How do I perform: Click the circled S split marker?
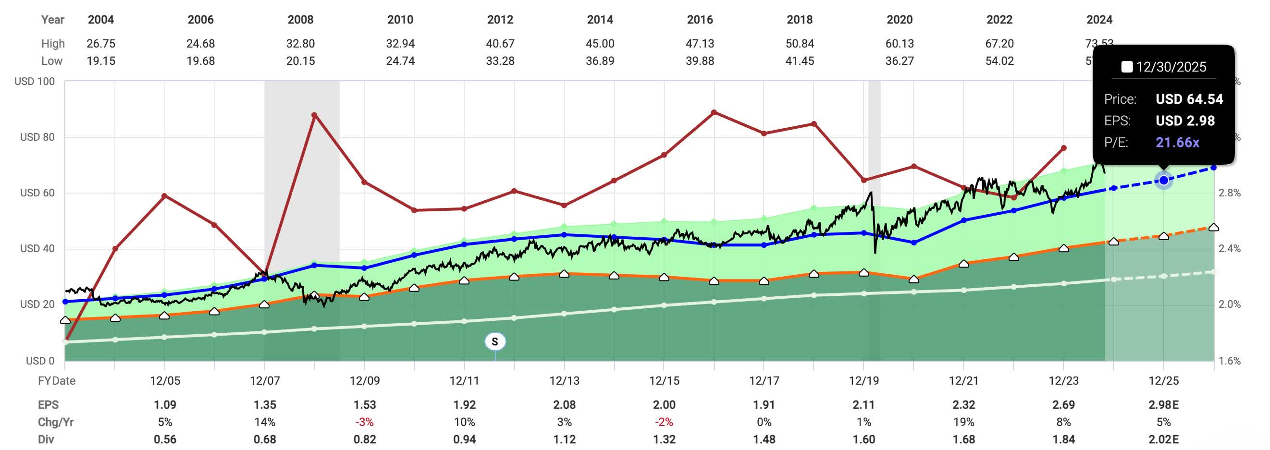[494, 341]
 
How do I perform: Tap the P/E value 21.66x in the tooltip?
[1177, 143]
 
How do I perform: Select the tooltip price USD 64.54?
[1189, 99]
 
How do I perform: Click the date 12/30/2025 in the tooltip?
[1171, 67]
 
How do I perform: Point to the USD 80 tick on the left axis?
[37, 137]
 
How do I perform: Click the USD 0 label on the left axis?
[40, 360]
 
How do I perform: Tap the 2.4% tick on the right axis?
[1229, 248]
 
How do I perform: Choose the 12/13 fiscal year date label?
[564, 380]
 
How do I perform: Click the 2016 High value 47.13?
[700, 43]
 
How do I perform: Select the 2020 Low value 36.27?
[899, 61]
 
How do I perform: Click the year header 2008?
[300, 20]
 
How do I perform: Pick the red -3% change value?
[364, 422]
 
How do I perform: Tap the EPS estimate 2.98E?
[1163, 405]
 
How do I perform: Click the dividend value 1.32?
[664, 438]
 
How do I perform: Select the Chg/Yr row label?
[56, 422]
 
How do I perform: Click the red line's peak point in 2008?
[315, 115]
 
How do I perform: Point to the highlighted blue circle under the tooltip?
[1163, 181]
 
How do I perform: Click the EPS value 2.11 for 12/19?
[864, 405]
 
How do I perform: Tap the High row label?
[53, 43]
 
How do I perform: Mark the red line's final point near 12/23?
[1063, 148]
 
